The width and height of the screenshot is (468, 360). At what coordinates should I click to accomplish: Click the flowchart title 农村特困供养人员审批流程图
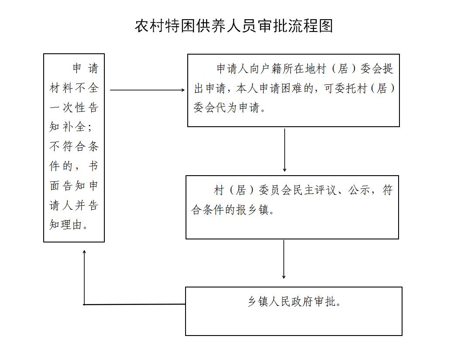click(234, 26)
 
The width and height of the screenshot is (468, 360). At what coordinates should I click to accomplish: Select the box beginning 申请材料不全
click(74, 148)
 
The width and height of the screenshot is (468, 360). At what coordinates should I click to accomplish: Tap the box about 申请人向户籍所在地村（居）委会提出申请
click(293, 90)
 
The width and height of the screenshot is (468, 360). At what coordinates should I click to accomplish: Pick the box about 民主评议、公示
click(292, 208)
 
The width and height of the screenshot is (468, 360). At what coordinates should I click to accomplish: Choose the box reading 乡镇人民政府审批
click(294, 312)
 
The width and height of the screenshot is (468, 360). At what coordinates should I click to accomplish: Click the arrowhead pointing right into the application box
click(183, 90)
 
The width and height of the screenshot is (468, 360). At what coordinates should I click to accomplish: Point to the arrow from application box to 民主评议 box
click(285, 150)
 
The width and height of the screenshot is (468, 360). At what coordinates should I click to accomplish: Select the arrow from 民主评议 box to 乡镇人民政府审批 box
click(284, 260)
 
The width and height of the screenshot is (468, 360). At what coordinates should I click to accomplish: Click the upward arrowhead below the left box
click(84, 253)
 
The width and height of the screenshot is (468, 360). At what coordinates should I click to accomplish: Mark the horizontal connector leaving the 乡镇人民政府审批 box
click(134, 305)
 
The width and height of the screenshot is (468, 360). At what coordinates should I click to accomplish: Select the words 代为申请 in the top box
click(238, 107)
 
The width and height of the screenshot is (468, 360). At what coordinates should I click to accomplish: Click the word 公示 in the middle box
click(359, 190)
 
